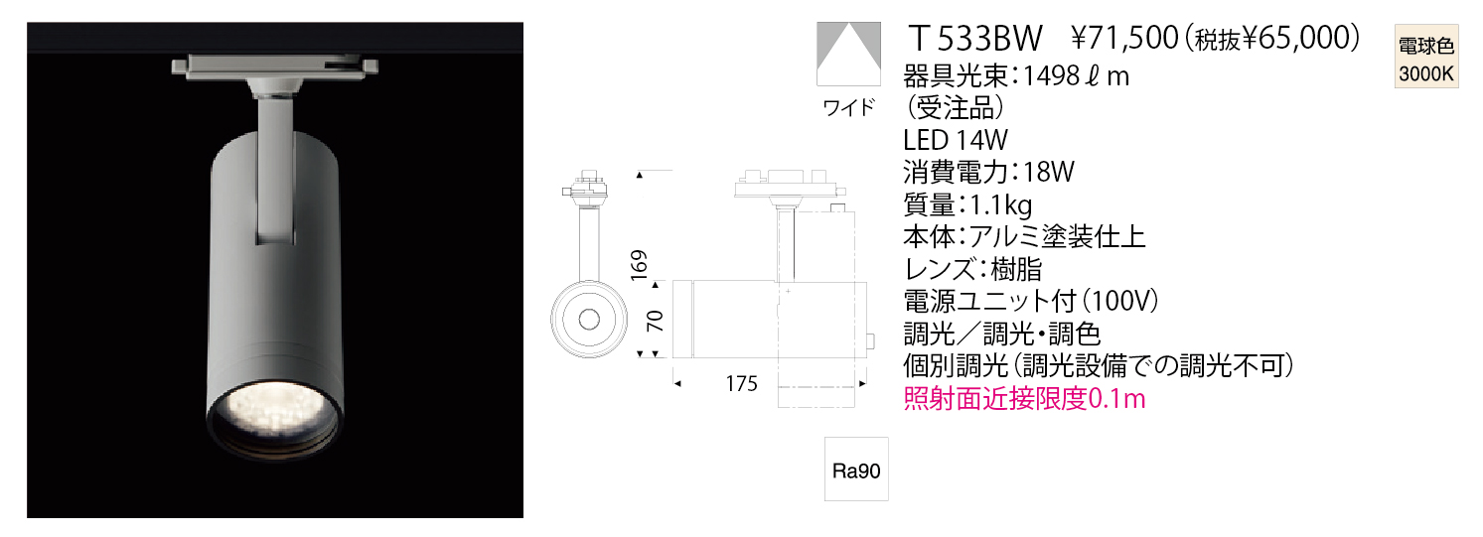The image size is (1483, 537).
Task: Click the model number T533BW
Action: tap(976, 39)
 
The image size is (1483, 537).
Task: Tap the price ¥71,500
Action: tap(1124, 39)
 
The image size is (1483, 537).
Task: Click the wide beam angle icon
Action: tap(848, 54)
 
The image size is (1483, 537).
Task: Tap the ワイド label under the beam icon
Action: tap(848, 107)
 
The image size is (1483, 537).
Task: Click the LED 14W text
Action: tap(956, 140)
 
